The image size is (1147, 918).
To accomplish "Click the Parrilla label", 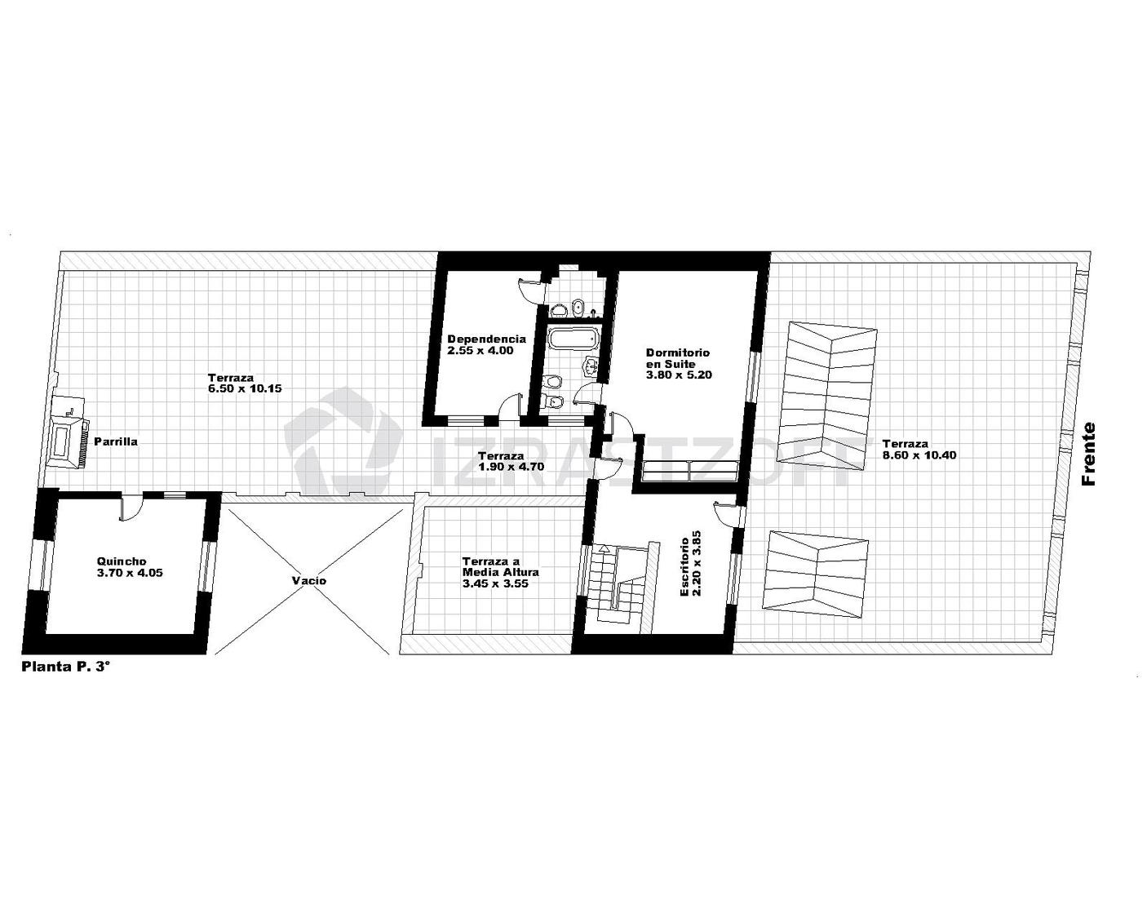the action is click(x=116, y=441).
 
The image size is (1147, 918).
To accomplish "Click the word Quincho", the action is click(x=122, y=561).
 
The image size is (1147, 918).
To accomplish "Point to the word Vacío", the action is click(x=309, y=580).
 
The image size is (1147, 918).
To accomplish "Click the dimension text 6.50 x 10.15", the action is click(x=245, y=388).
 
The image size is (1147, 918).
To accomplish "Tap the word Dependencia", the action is click(x=487, y=339).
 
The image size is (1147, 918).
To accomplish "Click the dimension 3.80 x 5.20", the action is click(x=679, y=375).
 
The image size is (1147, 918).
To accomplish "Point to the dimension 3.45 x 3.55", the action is click(x=495, y=583).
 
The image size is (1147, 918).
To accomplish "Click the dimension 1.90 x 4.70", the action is click(x=511, y=467).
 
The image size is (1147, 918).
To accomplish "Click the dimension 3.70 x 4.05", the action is click(x=129, y=574).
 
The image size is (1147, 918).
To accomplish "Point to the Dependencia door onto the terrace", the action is click(x=510, y=407).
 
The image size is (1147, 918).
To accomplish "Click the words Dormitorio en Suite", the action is click(x=678, y=357).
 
